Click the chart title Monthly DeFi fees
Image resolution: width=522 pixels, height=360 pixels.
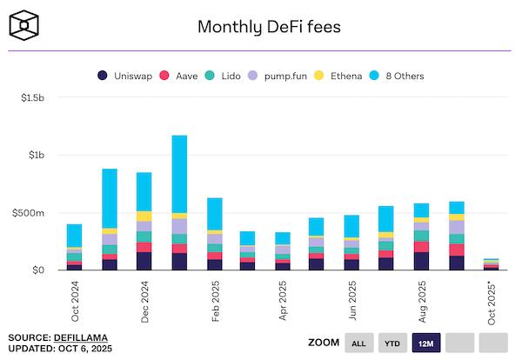(268, 26)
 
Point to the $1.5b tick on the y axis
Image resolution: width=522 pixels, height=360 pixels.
(34, 98)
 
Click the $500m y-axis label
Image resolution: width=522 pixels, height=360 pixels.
(33, 213)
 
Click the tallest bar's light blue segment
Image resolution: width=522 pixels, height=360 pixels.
(179, 174)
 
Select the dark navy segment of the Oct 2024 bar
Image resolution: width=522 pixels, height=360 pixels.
(75, 266)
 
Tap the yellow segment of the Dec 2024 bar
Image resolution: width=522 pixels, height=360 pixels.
(144, 216)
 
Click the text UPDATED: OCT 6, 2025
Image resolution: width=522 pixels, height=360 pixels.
(60, 349)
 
